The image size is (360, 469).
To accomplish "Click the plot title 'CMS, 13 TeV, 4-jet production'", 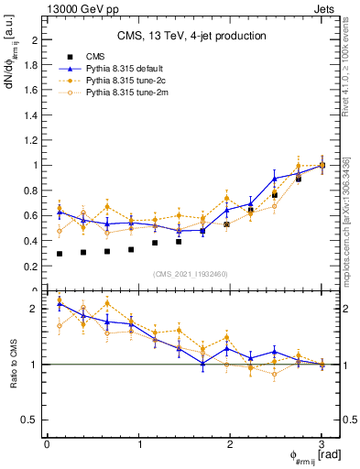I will pyautogui.click(x=191, y=36).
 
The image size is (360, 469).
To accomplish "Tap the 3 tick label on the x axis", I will pyautogui.click(x=322, y=444).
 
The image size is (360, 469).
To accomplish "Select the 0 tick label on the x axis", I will pyautogui.click(x=47, y=444).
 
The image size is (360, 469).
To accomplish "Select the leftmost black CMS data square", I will pyautogui.click(x=60, y=254).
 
